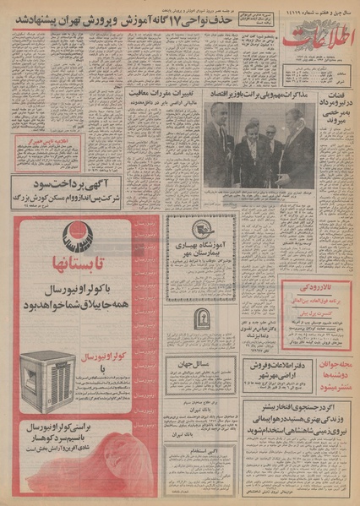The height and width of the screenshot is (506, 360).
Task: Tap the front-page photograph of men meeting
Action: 259,144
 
